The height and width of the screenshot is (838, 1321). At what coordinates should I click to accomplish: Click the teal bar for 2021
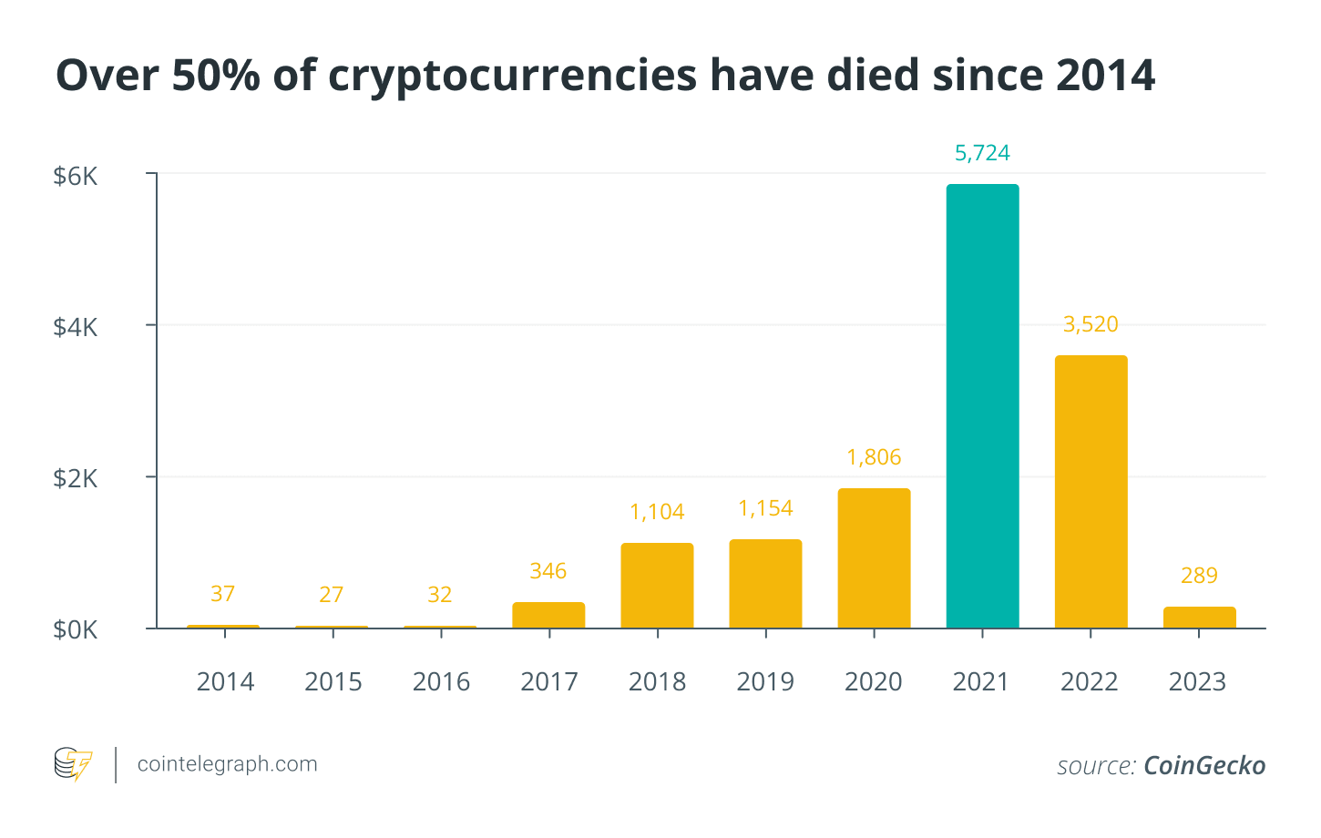(982, 406)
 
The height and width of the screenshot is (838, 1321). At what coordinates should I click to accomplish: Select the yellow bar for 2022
(1091, 492)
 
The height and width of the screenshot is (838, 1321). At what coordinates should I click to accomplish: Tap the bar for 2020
(874, 558)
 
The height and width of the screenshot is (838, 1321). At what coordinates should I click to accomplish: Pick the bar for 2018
(657, 586)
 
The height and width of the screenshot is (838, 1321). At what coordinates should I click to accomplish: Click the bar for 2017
(548, 615)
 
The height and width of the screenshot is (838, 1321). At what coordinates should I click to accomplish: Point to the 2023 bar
(1199, 618)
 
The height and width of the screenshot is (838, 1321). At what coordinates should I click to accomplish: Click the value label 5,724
(982, 153)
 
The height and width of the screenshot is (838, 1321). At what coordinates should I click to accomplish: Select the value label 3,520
(1091, 324)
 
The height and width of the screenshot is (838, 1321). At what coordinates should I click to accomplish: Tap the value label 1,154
(765, 508)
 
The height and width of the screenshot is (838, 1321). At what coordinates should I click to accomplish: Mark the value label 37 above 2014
(222, 594)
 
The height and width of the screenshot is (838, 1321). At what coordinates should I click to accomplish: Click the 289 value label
(1199, 576)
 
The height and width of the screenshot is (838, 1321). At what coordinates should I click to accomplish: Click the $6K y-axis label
(76, 176)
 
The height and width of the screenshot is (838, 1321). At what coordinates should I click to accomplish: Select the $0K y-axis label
(76, 630)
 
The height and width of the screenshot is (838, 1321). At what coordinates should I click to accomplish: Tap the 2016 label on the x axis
(441, 682)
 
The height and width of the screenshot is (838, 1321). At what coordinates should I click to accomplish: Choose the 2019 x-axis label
(765, 682)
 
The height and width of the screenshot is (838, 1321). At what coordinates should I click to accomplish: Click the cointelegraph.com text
(227, 764)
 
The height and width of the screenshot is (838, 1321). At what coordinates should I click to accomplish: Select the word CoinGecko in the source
(1203, 766)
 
